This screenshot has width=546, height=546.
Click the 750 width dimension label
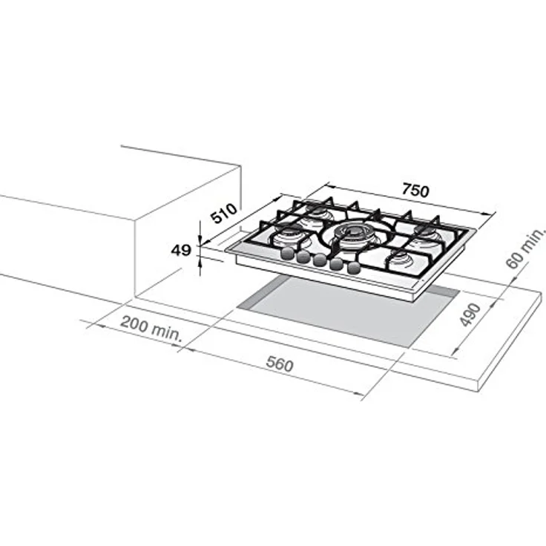pyautogui.click(x=415, y=191)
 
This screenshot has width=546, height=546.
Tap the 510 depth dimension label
pyautogui.click(x=225, y=212)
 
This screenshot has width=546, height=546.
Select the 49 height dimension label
pyautogui.click(x=181, y=250)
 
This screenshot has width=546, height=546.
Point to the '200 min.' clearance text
pyautogui.click(x=151, y=329)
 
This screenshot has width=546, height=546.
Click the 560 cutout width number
pyautogui.click(x=280, y=364)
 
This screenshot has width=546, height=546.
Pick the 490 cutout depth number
pyautogui.click(x=470, y=315)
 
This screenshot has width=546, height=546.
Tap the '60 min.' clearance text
pyautogui.click(x=524, y=249)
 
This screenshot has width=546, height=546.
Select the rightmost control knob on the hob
pyautogui.click(x=353, y=268)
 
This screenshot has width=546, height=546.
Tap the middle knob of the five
pyautogui.click(x=320, y=260)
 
